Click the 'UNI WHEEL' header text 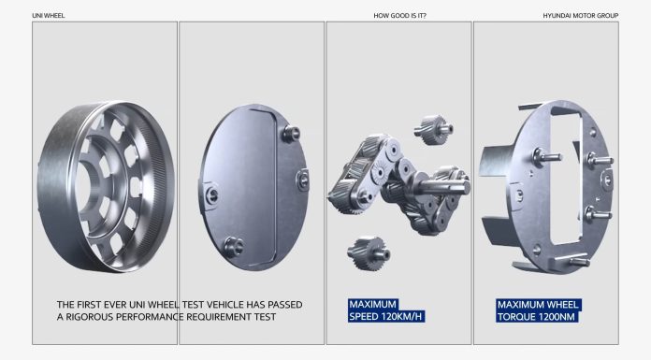(48, 16)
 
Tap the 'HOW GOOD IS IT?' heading (399, 16)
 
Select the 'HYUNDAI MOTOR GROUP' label (581, 16)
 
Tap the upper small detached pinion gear (433, 130)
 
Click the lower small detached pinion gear (369, 252)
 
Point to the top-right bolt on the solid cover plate (291, 134)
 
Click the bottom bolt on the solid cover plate (234, 247)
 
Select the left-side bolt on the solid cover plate (211, 195)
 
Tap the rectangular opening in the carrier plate (565, 180)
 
